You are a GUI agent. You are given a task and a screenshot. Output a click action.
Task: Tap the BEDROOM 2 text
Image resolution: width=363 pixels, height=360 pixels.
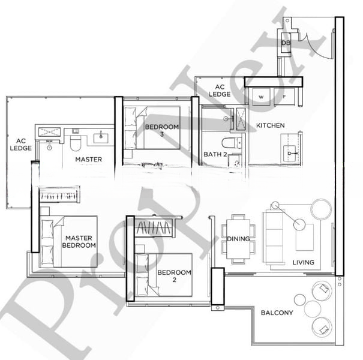point(174,276)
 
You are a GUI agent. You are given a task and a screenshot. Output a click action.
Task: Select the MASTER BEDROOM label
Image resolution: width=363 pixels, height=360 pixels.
point(80,242)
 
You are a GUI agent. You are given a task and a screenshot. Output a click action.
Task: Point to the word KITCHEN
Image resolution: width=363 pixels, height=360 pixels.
point(270,125)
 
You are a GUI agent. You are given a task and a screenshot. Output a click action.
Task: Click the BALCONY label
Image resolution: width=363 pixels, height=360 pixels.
point(277,313)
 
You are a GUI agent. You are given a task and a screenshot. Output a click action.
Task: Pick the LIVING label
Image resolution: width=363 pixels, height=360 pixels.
point(303,262)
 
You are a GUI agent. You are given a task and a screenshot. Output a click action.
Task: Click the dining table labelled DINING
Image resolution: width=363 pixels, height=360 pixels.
point(238,239)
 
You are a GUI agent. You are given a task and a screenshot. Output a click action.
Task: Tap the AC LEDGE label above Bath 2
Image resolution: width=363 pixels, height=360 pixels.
point(220,91)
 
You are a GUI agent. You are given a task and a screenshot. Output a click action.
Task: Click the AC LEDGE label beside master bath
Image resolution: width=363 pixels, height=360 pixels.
point(20,144)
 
